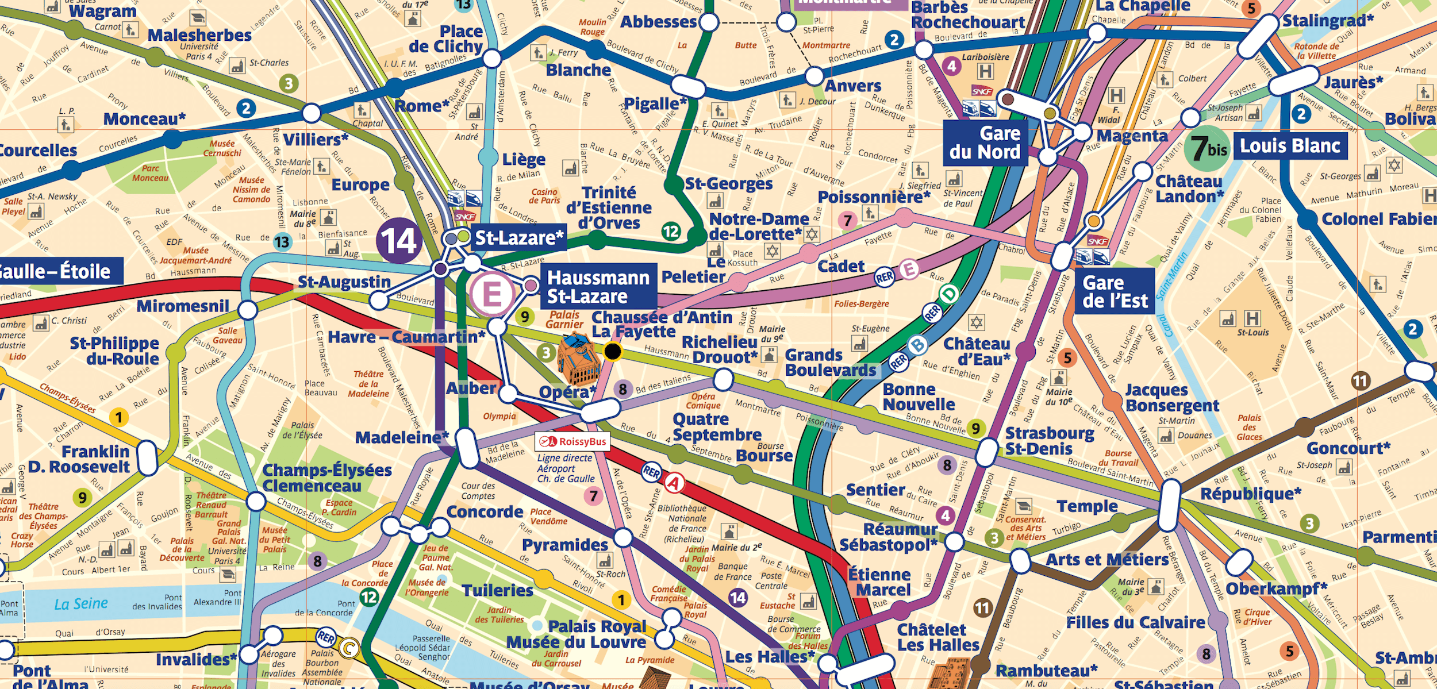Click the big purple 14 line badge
click(x=399, y=241)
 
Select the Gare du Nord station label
click(x=985, y=143)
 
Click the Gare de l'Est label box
click(x=1115, y=291)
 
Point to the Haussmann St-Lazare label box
click(x=598, y=287)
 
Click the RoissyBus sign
click(x=573, y=442)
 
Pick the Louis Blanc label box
click(x=1289, y=146)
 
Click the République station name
click(x=1250, y=494)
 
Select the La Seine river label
click(x=80, y=604)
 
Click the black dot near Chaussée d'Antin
click(x=613, y=351)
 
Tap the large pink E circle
click(x=493, y=295)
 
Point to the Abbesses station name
click(x=658, y=22)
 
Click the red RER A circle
click(x=674, y=483)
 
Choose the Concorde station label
click(x=485, y=512)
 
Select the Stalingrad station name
click(x=1328, y=21)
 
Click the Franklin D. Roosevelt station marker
click(x=147, y=458)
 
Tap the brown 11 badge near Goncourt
click(x=1360, y=380)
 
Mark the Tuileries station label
click(x=498, y=591)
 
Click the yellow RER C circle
click(x=348, y=649)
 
